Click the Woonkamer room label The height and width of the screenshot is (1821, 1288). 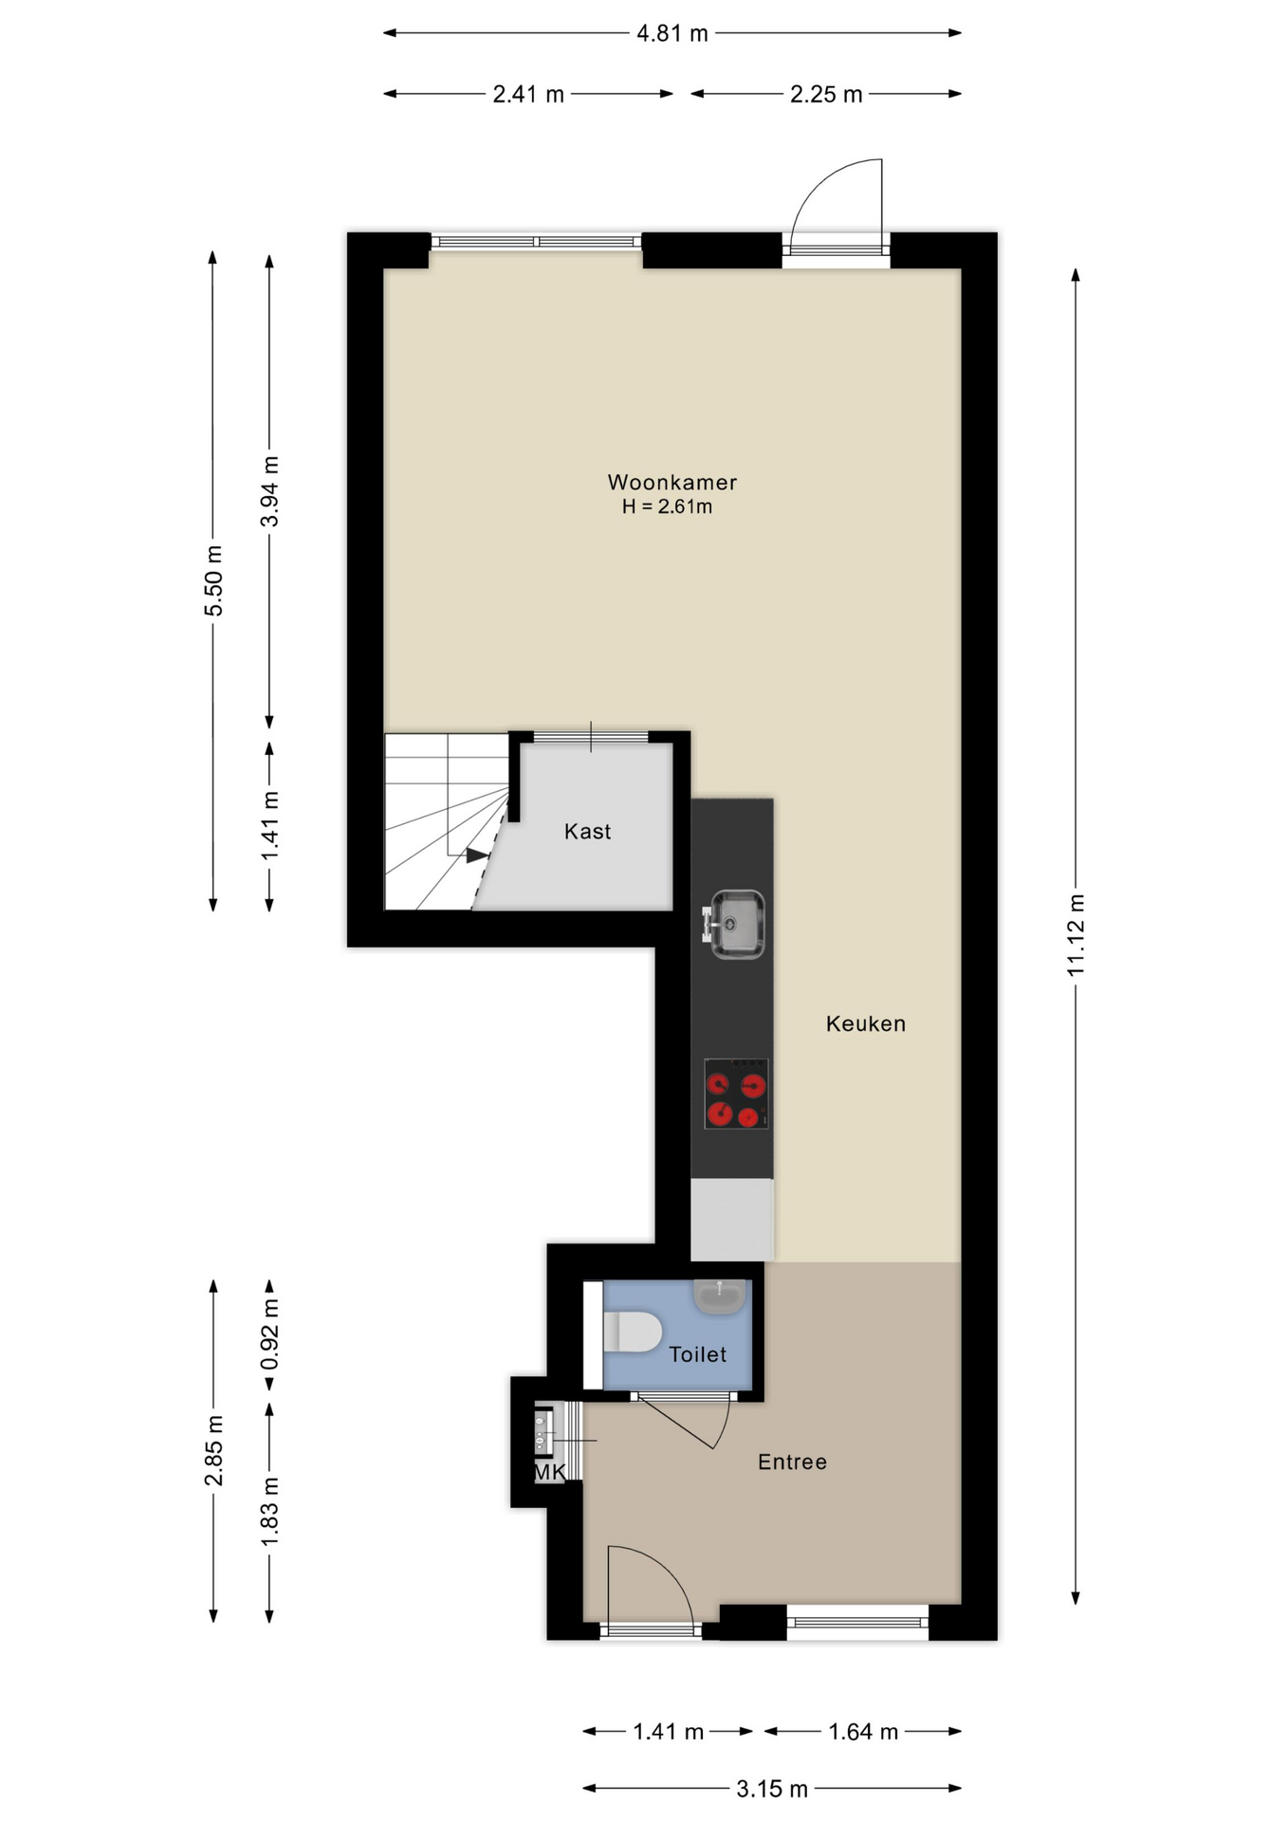pos(672,482)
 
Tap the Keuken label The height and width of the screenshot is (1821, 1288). pos(865,1023)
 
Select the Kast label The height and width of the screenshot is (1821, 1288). pos(587,832)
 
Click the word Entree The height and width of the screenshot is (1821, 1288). pos(792,1462)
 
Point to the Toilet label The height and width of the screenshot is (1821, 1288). pos(697,1354)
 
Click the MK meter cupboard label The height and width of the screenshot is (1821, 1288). pos(550,1472)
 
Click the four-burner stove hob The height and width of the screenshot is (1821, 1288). pos(736,1094)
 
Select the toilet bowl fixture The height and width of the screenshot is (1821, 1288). pos(632,1332)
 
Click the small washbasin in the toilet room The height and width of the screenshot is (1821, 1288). pos(719,1296)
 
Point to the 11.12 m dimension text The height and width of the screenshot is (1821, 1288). pos(1076,934)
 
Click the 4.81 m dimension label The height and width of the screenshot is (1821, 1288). pos(672,33)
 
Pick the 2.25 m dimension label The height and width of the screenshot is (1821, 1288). pos(826,94)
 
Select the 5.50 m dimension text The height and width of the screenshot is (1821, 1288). pos(214,580)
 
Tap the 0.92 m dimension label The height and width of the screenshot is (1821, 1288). pos(270,1334)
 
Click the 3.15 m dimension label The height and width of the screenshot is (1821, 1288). pos(772,1789)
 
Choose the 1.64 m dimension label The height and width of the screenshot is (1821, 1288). pos(863,1732)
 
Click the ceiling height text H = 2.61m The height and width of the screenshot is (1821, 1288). pos(667,506)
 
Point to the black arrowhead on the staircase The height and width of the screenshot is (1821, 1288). pos(477,855)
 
